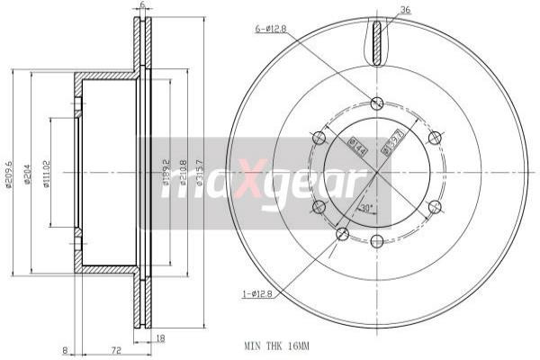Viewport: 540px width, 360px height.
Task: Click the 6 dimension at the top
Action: tap(142, 6)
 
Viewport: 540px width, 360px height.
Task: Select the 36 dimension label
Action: tap(405, 11)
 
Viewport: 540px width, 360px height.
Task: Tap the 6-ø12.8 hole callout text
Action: tap(271, 30)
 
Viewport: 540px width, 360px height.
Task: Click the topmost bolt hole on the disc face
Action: tap(376, 103)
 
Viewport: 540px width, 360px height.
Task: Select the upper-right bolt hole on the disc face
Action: tap(435, 138)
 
